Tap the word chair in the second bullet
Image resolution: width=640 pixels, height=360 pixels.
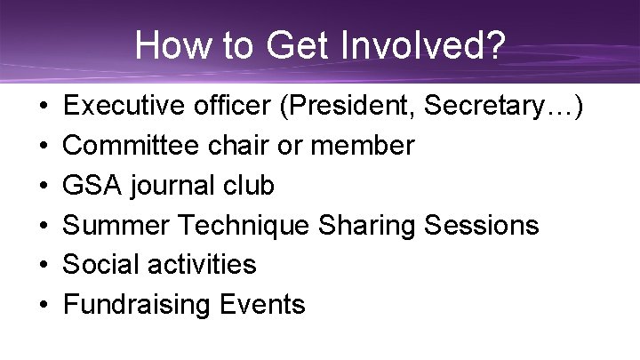pyautogui.click(x=248, y=145)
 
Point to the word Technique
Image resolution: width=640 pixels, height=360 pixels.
pyautogui.click(x=252, y=225)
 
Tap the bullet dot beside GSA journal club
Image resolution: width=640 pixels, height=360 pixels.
pyautogui.click(x=44, y=186)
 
